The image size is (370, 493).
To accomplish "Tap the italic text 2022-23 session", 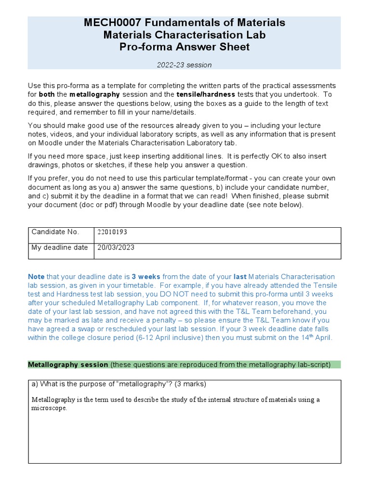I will pyautogui.click(x=184, y=65).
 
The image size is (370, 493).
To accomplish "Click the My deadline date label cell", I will pyautogui.click(x=59, y=247).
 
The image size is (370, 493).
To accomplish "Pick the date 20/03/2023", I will pyautogui.click(x=116, y=247).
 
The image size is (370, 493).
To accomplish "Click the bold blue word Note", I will pyautogui.click(x=36, y=277).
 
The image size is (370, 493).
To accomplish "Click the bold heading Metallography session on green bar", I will pyautogui.click(x=68, y=364).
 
